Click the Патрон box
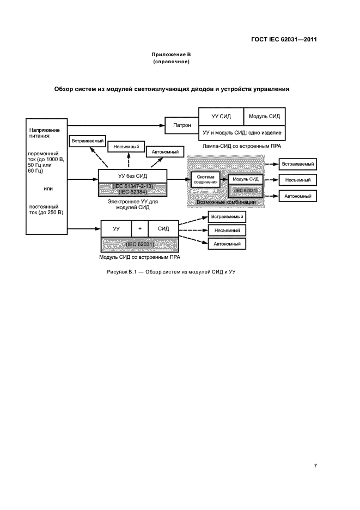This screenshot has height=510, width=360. [182, 125]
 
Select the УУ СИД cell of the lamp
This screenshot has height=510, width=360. [218, 116]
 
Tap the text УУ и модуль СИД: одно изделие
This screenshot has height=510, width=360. [242, 132]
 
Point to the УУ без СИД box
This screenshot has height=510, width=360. [132, 176]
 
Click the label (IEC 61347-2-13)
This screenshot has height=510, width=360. [132, 186]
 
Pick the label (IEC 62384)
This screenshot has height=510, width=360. [132, 192]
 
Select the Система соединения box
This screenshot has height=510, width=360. [206, 179]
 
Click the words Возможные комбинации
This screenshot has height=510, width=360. [226, 202]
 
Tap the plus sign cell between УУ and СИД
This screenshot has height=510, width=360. [139, 228]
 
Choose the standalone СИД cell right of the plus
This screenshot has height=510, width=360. [163, 228]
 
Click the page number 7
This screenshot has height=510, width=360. [315, 465]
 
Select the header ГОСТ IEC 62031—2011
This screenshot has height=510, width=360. [285, 39]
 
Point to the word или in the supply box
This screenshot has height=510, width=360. [47, 189]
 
